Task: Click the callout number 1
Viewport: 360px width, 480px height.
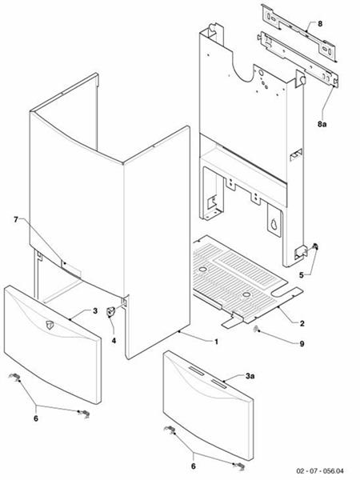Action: click(216, 342)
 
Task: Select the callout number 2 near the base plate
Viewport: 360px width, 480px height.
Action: click(302, 323)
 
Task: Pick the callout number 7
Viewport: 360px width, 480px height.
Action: click(15, 218)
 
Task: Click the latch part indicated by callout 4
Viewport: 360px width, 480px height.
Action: click(112, 312)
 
